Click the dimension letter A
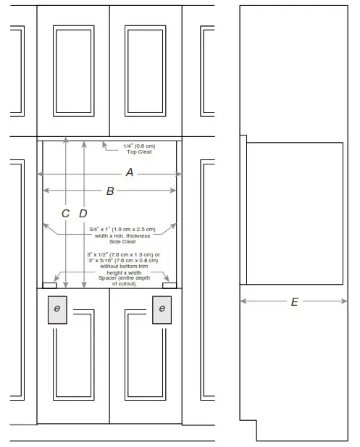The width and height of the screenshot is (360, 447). [x=130, y=172]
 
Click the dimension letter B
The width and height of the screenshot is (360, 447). [x=110, y=191]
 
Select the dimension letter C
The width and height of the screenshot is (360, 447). [x=65, y=213]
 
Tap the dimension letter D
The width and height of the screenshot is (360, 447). [x=83, y=213]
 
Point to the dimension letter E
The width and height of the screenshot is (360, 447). [x=294, y=301]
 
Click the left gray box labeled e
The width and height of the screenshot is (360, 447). [x=57, y=309]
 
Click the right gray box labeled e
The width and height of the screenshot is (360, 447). [x=162, y=309]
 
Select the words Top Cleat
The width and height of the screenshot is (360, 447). [x=139, y=152]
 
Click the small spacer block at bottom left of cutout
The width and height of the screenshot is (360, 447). [x=50, y=285]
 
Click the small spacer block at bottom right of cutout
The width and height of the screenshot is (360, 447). [x=169, y=285]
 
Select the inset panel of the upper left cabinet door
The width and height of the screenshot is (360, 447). [x=72, y=70]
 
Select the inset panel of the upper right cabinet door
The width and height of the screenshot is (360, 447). [x=146, y=70]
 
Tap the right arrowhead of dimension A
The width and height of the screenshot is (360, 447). [x=178, y=173]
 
